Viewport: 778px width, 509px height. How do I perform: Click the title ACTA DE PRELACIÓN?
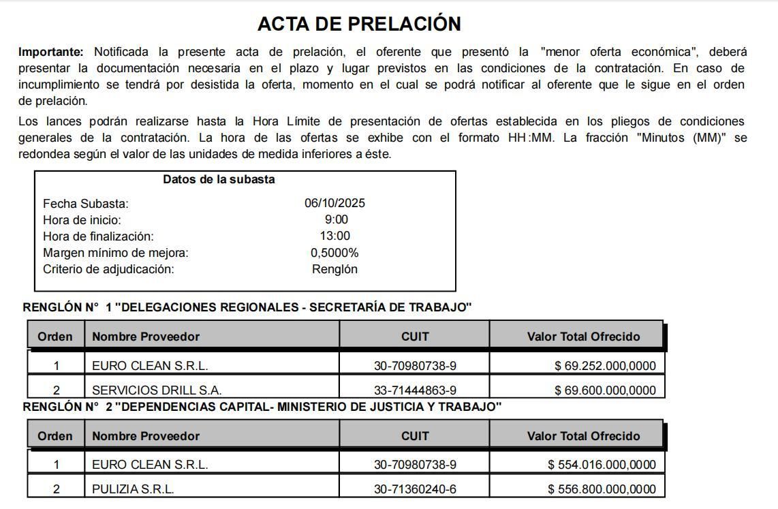pyautogui.click(x=359, y=24)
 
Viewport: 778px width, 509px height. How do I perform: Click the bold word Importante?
pyautogui.click(x=50, y=52)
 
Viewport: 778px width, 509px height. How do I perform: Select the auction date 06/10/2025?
pyautogui.click(x=334, y=203)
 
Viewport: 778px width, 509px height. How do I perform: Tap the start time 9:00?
pyautogui.click(x=336, y=219)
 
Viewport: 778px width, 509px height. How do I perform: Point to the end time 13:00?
pyautogui.click(x=335, y=236)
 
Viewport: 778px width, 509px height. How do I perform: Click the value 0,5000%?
pyautogui.click(x=334, y=253)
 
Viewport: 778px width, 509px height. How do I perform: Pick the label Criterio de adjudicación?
pyautogui.click(x=108, y=269)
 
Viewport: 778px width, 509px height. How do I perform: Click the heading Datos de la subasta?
pyautogui.click(x=219, y=180)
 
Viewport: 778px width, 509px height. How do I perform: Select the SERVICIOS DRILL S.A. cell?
pyautogui.click(x=157, y=390)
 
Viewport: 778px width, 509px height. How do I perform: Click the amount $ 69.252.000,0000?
pyautogui.click(x=605, y=366)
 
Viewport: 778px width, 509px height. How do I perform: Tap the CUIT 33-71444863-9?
pyautogui.click(x=415, y=390)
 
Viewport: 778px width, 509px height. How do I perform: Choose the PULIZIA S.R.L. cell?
pyautogui.click(x=133, y=489)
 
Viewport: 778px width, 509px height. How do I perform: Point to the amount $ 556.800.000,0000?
pyautogui.click(x=602, y=489)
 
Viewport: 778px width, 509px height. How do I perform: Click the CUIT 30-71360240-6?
pyautogui.click(x=415, y=489)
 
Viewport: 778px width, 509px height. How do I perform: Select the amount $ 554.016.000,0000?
pyautogui.click(x=602, y=465)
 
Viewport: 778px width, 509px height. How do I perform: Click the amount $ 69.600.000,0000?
pyautogui.click(x=605, y=390)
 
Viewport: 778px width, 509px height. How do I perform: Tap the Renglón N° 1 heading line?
pyautogui.click(x=247, y=307)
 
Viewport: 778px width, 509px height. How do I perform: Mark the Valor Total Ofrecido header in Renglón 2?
pyautogui.click(x=583, y=436)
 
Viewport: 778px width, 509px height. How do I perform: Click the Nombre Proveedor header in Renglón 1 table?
pyautogui.click(x=146, y=337)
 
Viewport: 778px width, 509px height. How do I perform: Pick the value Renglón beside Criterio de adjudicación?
pyautogui.click(x=334, y=269)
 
